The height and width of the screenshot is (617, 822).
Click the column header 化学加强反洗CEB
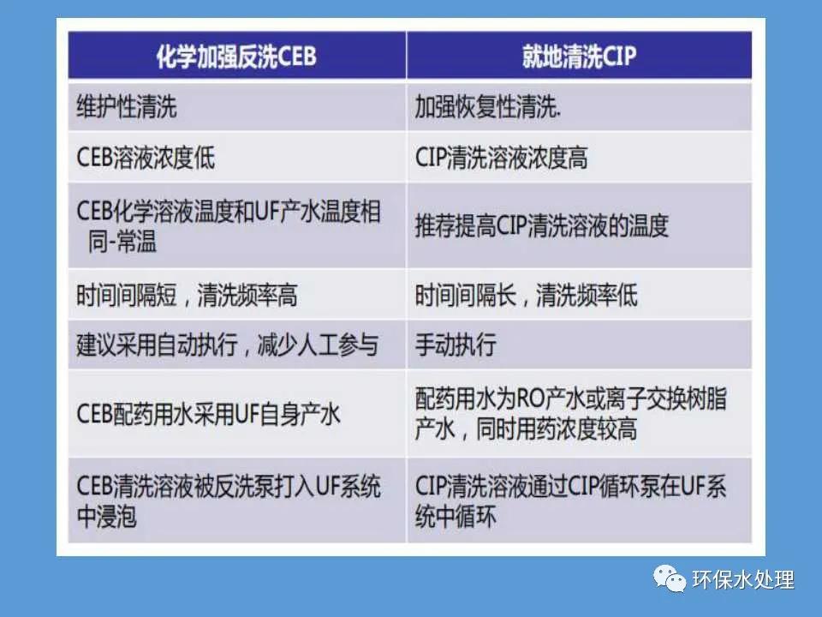pos(236,57)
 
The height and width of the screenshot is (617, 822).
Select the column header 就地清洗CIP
pos(579,57)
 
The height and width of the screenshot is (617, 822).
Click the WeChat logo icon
pos(669,580)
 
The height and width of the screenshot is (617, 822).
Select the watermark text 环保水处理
pos(743,580)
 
